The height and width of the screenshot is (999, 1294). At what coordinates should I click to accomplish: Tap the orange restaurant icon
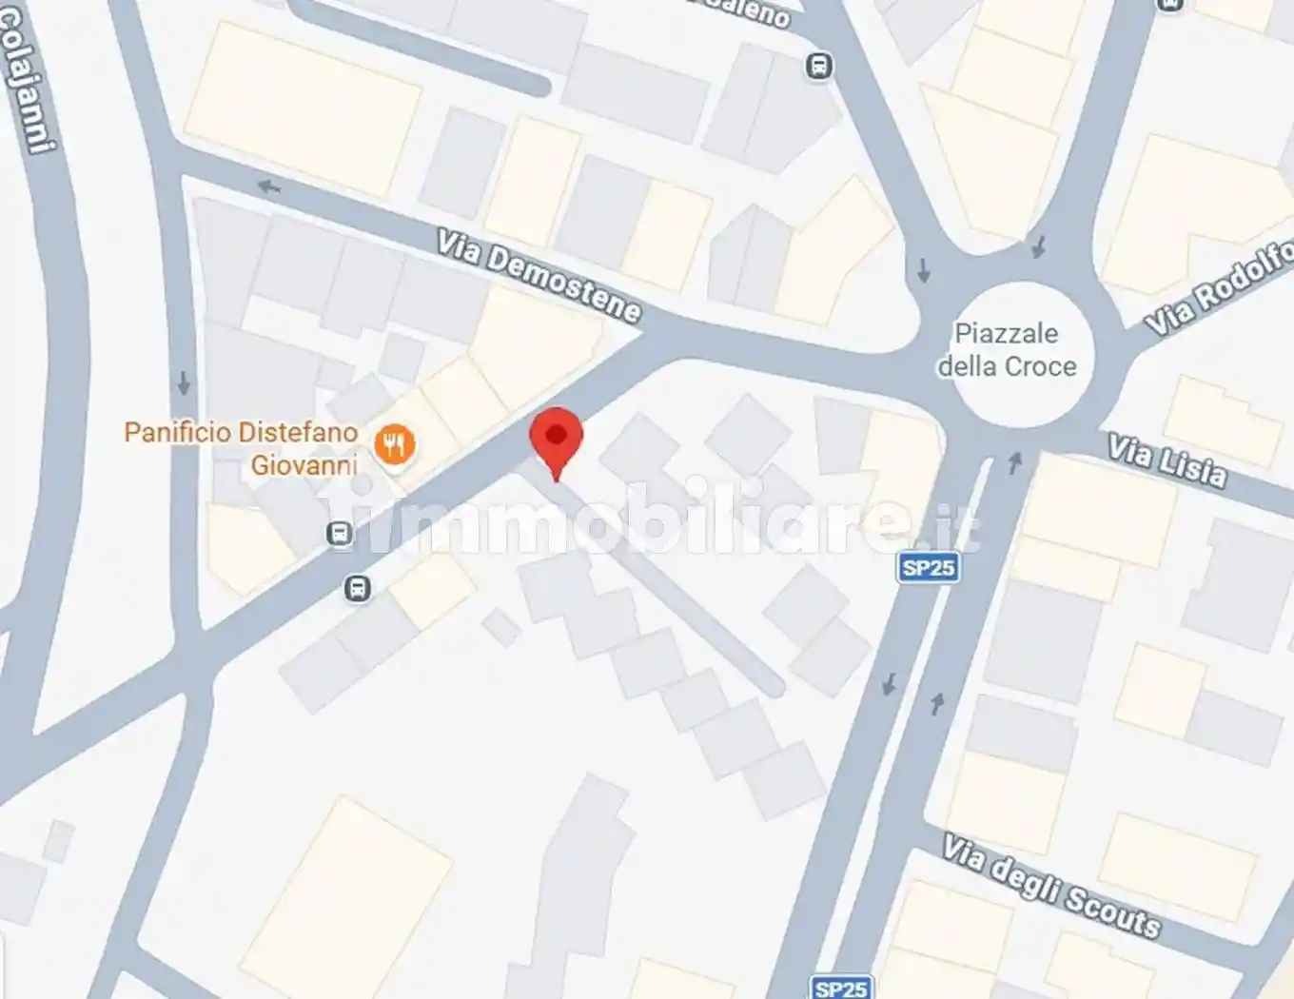click(394, 444)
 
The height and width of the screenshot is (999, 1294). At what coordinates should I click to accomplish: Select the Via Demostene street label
click(539, 276)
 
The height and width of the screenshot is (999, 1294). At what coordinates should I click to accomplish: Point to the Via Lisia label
click(1167, 460)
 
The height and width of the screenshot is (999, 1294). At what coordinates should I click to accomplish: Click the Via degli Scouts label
click(1051, 886)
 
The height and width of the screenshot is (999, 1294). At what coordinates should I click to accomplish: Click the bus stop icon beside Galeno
click(818, 67)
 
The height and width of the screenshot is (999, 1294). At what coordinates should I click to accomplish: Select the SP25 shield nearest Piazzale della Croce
click(928, 568)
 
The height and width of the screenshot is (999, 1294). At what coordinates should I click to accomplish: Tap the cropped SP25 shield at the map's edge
click(841, 988)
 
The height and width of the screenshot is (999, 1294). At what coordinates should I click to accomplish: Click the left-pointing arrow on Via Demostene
click(268, 186)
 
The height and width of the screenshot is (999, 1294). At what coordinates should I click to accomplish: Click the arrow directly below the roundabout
click(1014, 463)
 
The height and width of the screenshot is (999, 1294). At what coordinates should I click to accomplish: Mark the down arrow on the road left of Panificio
click(184, 383)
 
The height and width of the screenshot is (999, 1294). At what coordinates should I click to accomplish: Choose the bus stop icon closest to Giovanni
click(339, 533)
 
